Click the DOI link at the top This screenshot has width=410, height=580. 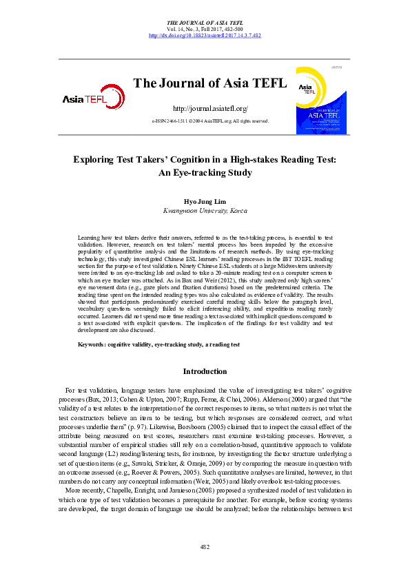(205, 35)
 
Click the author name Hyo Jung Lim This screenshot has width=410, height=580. (205, 203)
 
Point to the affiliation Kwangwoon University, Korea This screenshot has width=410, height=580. (205, 212)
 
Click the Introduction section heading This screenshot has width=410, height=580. (205, 371)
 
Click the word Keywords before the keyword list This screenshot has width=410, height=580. (92, 343)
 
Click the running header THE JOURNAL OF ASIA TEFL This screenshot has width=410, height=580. (205, 23)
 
